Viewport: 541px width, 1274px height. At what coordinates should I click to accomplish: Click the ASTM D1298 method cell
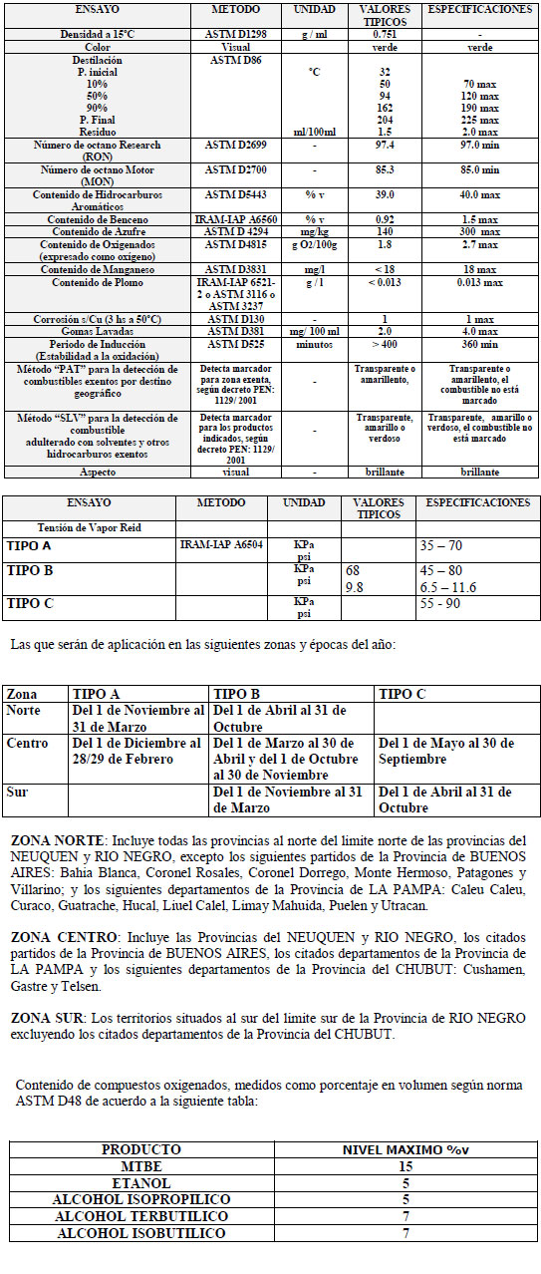236,33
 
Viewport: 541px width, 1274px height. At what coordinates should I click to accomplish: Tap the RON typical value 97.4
385,146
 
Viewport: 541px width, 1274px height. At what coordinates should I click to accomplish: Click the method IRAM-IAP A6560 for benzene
236,217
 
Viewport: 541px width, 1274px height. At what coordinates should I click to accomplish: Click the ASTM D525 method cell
236,344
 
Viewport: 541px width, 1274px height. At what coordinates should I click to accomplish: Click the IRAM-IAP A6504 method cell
222,545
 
